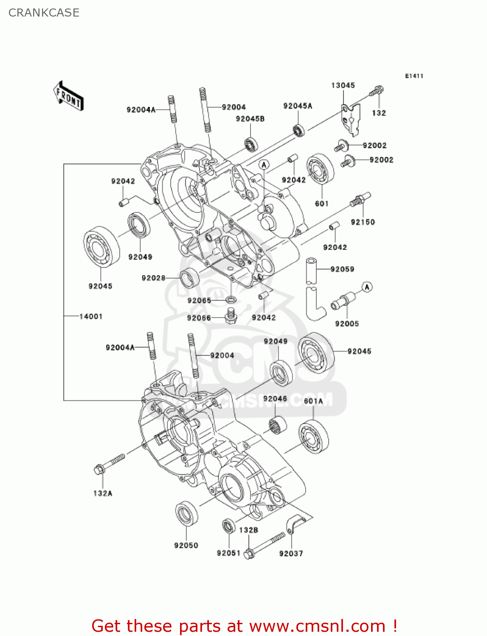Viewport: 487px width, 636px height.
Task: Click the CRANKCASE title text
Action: click(x=44, y=13)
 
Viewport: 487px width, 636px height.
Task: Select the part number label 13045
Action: click(x=343, y=85)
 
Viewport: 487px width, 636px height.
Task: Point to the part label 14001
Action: click(x=91, y=316)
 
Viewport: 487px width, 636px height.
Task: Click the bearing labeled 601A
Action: click(x=313, y=437)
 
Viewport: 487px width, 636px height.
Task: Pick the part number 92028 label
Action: click(x=153, y=278)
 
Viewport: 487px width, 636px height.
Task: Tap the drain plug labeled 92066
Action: click(x=231, y=316)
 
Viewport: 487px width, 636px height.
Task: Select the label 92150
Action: click(x=363, y=222)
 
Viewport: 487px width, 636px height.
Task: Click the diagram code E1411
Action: click(x=414, y=76)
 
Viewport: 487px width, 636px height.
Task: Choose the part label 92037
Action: click(x=291, y=553)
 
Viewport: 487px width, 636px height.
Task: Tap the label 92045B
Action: click(x=250, y=119)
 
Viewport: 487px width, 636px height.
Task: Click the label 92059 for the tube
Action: click(x=342, y=269)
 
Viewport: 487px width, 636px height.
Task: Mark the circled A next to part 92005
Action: click(x=367, y=287)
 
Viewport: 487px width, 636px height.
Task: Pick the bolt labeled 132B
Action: click(x=265, y=545)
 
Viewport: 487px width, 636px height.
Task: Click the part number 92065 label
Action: click(x=199, y=301)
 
